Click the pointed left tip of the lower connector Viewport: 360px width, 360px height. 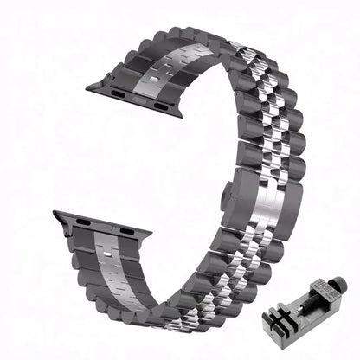click(x=55, y=216)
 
